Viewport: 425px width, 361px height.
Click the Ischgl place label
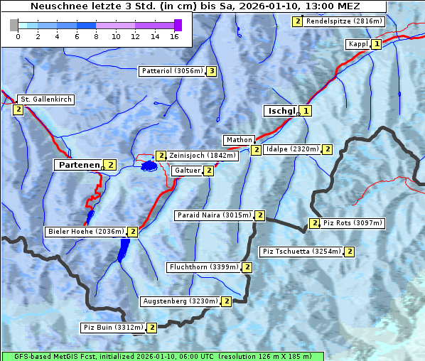(x=281, y=111)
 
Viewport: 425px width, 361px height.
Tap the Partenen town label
(x=79, y=165)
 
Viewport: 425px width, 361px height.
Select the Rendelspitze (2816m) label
(x=345, y=21)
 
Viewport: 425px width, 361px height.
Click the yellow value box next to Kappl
(x=377, y=44)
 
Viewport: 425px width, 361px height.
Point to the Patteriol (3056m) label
(x=172, y=71)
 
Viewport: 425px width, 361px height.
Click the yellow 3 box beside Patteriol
(x=211, y=71)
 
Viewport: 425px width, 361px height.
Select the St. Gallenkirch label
(x=45, y=99)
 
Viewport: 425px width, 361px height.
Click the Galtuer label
(x=186, y=171)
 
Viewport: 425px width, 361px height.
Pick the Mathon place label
(x=238, y=140)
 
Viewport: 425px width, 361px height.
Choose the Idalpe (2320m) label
(x=291, y=149)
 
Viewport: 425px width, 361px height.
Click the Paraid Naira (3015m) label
(x=213, y=215)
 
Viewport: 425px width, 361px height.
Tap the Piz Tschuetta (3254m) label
(x=302, y=252)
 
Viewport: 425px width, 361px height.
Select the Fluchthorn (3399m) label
(x=203, y=268)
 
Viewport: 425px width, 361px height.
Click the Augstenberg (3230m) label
(x=180, y=301)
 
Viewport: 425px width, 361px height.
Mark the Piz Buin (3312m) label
(x=113, y=328)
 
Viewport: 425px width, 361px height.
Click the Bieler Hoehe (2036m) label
(x=85, y=232)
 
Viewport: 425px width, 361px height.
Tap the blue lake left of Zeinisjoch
(x=149, y=166)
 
